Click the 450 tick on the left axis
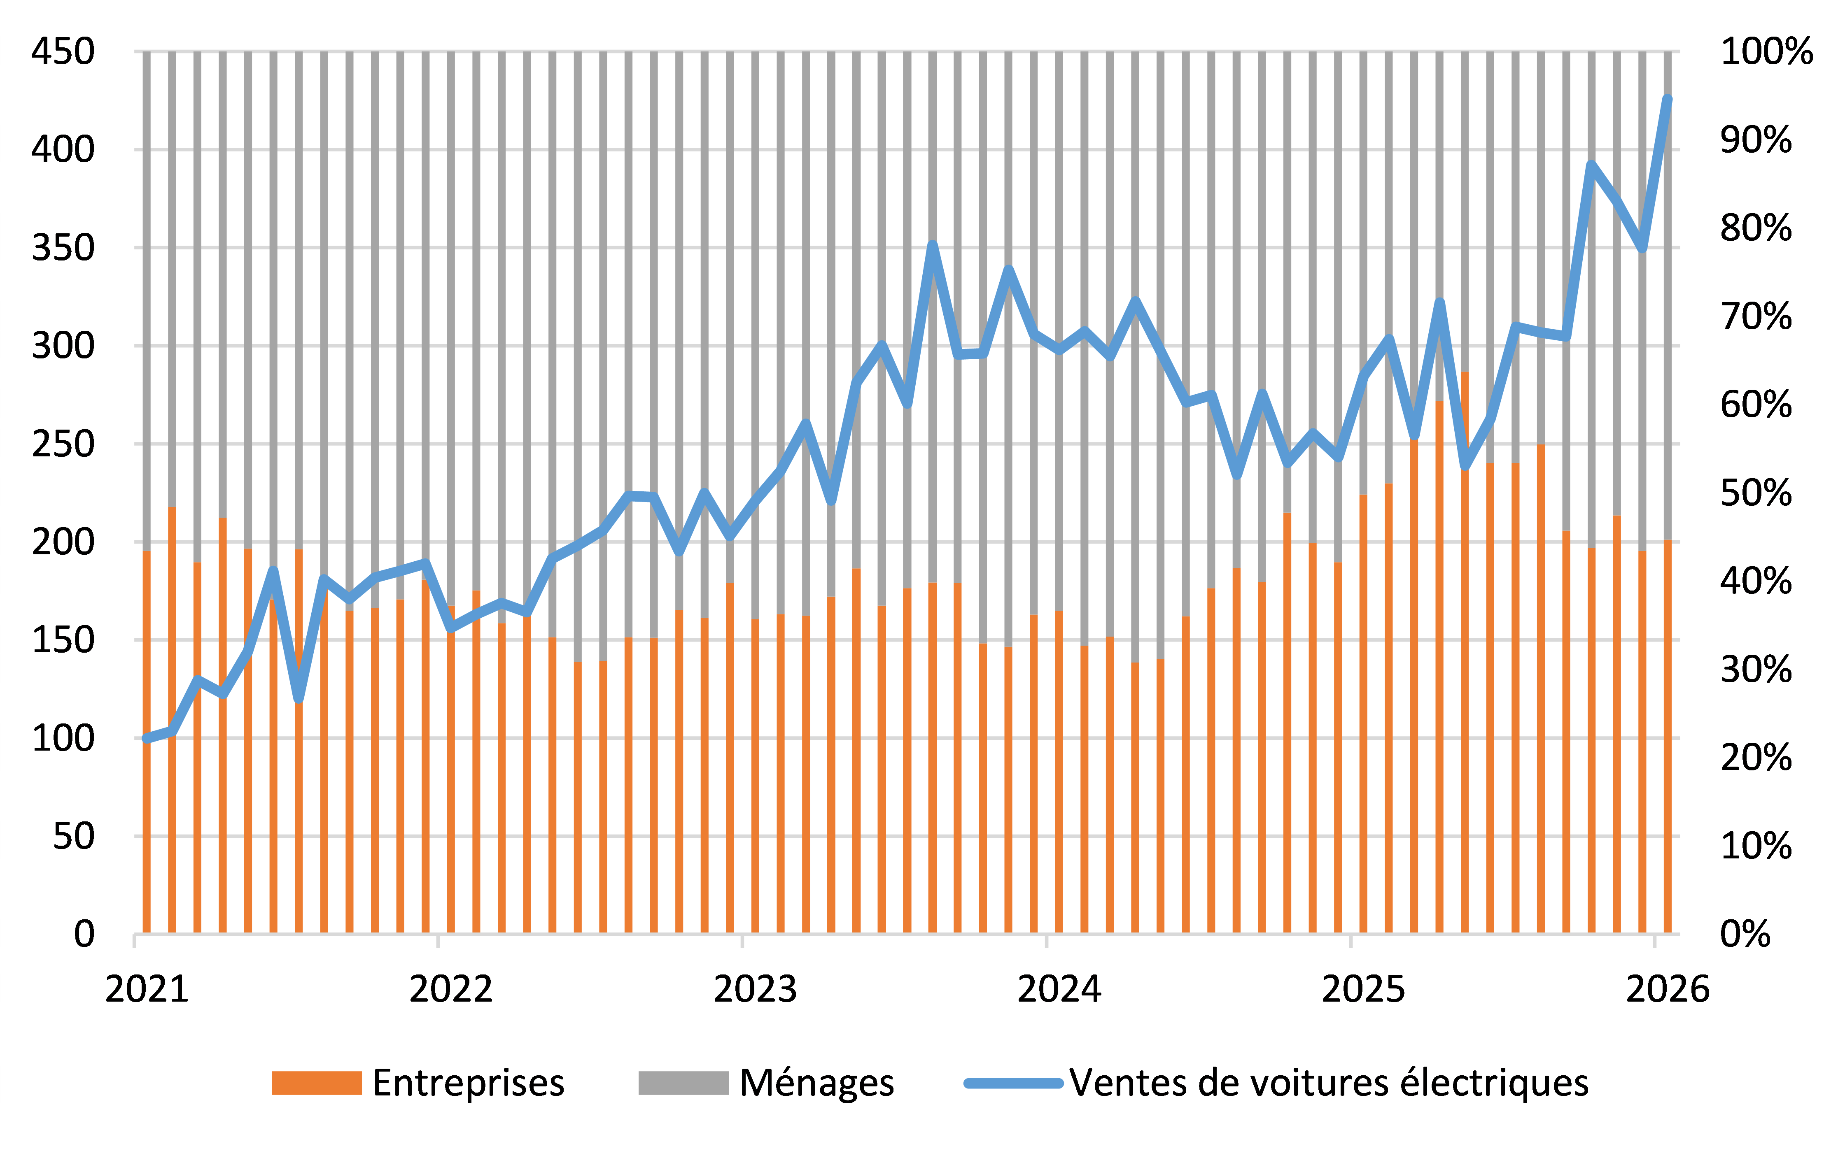[63, 52]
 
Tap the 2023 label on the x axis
[755, 989]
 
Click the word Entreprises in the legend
[468, 1083]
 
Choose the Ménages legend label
[816, 1083]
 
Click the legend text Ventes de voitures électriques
[1329, 1083]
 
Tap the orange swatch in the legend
[316, 1083]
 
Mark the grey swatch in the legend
[683, 1083]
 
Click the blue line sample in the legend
[1013, 1083]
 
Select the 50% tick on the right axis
[1755, 493]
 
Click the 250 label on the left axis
[63, 444]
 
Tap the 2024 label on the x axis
[1059, 989]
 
